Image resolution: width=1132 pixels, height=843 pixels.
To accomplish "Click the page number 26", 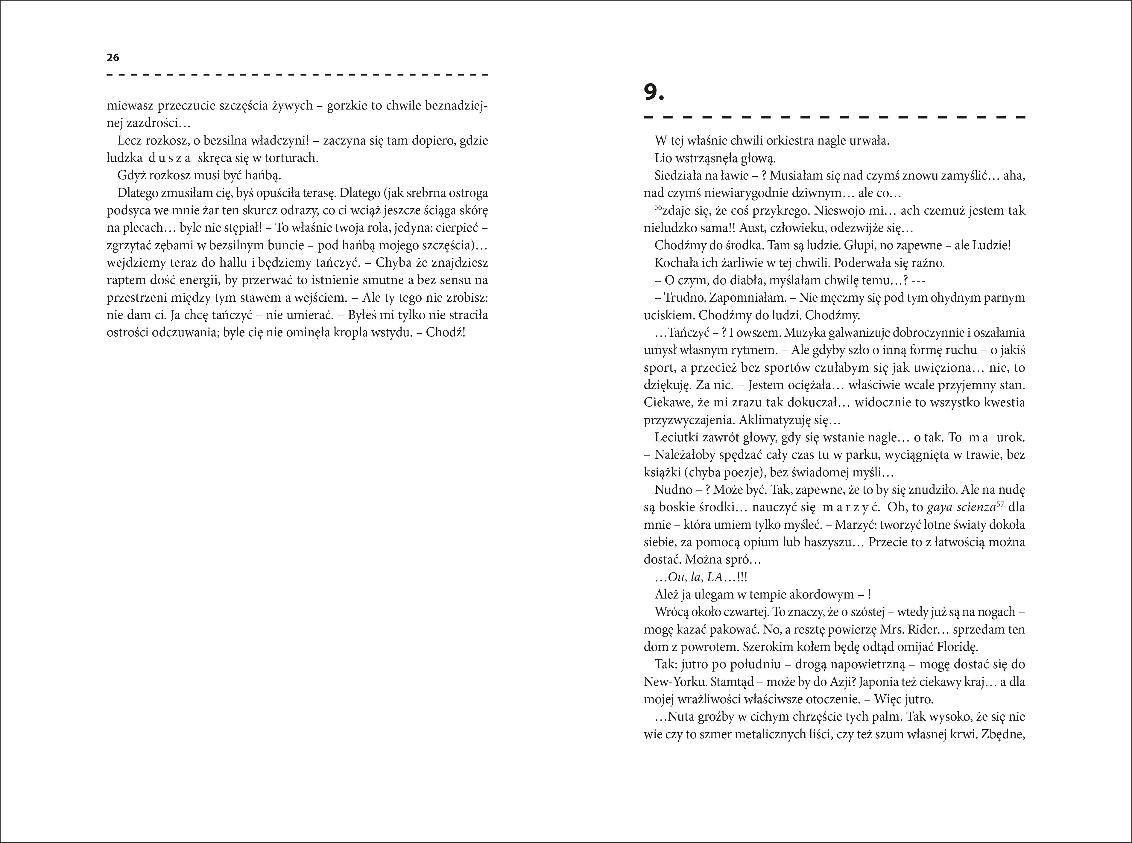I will (113, 58).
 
